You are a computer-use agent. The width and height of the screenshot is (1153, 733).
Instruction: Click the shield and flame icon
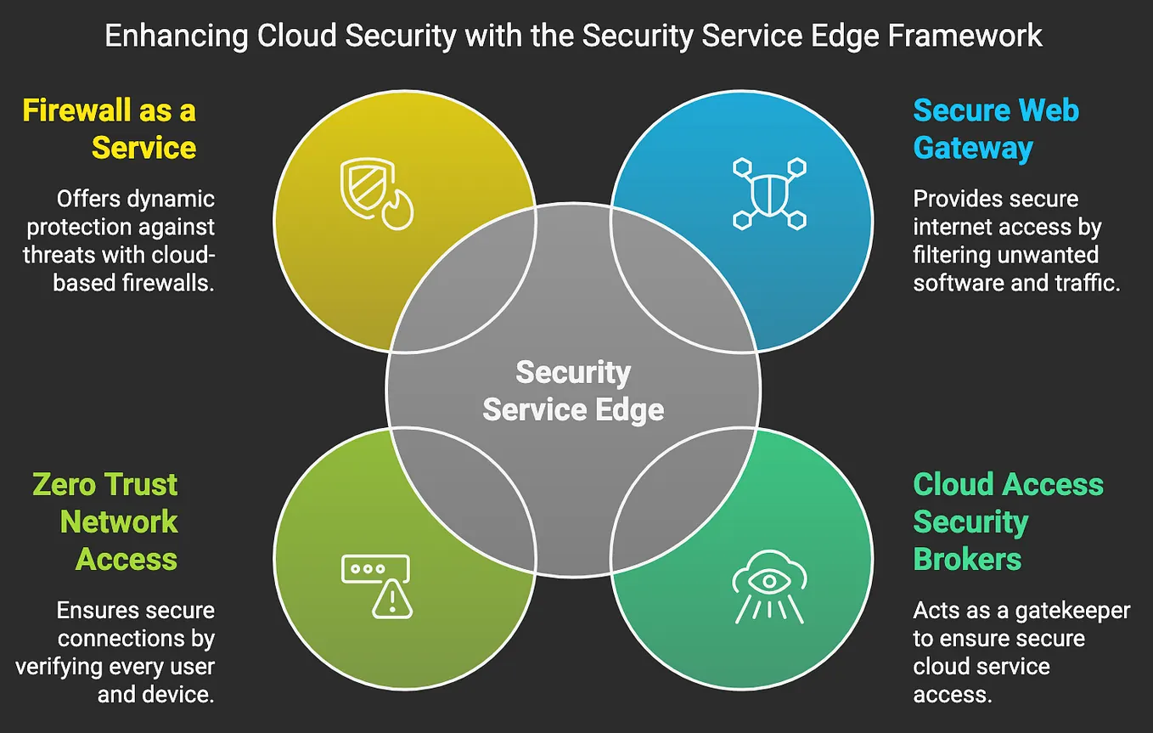point(377,194)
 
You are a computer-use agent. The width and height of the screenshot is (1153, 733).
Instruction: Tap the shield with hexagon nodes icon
point(769,194)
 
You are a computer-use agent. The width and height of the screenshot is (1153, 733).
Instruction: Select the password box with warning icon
point(377,586)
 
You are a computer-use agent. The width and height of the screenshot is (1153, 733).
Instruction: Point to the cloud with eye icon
point(769,587)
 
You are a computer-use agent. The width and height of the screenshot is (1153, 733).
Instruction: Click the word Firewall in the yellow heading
point(76,110)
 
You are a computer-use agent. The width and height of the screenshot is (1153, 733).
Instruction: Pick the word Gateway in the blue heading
point(973,149)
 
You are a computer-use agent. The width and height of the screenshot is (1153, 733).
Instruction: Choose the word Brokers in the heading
point(967,559)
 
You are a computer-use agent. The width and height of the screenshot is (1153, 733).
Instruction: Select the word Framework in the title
point(965,36)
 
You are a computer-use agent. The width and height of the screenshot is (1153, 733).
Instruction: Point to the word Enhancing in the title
point(177,37)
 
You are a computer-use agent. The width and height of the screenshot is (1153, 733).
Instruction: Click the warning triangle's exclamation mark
point(392,600)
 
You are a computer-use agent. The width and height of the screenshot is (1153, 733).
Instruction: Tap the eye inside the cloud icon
point(769,582)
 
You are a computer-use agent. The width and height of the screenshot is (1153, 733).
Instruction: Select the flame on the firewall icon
point(397,210)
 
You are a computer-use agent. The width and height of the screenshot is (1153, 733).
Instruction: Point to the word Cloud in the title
point(296,36)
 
